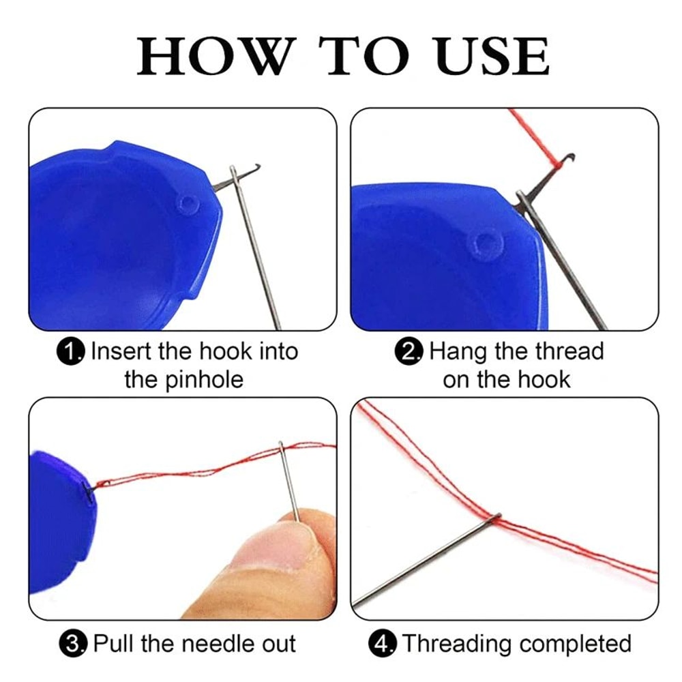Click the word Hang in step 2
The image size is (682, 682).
[457, 352]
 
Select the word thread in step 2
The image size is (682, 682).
[569, 352]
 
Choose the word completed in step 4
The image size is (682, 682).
[581, 643]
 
